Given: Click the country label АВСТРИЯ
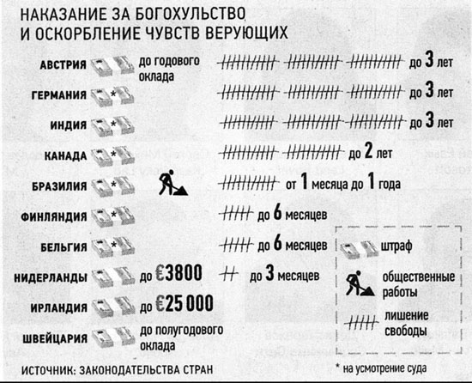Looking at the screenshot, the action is [x=64, y=64].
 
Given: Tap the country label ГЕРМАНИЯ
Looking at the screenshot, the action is [x=59, y=95].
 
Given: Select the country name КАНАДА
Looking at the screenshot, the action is [x=65, y=156].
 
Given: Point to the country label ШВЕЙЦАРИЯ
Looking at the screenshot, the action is [x=55, y=338].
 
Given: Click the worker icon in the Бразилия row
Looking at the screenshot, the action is [x=172, y=182].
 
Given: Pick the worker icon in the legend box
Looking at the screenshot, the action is [x=360, y=283].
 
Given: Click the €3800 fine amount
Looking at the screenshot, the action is [x=179, y=273].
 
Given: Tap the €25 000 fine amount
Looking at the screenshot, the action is [x=185, y=303].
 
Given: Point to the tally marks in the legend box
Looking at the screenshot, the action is [x=361, y=323].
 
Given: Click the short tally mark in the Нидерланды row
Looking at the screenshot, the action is [x=229, y=274].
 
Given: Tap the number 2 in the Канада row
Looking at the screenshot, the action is [x=369, y=151].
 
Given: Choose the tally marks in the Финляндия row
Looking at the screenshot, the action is [x=236, y=214].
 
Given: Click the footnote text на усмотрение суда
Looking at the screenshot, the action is [x=384, y=368].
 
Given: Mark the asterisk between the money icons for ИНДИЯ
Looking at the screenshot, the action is [x=113, y=124].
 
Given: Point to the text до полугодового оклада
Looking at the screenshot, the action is [x=182, y=337].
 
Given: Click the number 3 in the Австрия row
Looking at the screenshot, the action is [x=430, y=60].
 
